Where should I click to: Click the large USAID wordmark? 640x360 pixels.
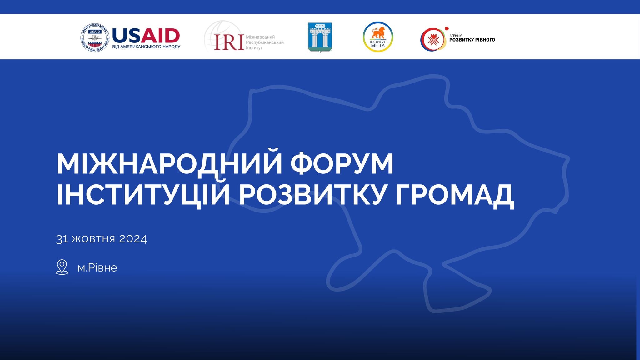(x=146, y=36)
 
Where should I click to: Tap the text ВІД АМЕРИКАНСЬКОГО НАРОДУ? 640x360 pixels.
(x=146, y=47)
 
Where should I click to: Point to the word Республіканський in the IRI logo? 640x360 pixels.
(x=265, y=42)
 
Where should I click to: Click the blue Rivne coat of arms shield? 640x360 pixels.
(x=320, y=37)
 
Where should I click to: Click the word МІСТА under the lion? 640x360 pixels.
(x=378, y=46)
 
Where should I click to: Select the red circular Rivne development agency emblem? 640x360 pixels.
(x=433, y=39)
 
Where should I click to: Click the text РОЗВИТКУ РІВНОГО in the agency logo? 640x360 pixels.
(x=472, y=40)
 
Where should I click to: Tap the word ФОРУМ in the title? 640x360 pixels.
(x=342, y=164)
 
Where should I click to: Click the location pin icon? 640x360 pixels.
(x=62, y=267)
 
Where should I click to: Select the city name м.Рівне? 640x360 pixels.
(x=97, y=268)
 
